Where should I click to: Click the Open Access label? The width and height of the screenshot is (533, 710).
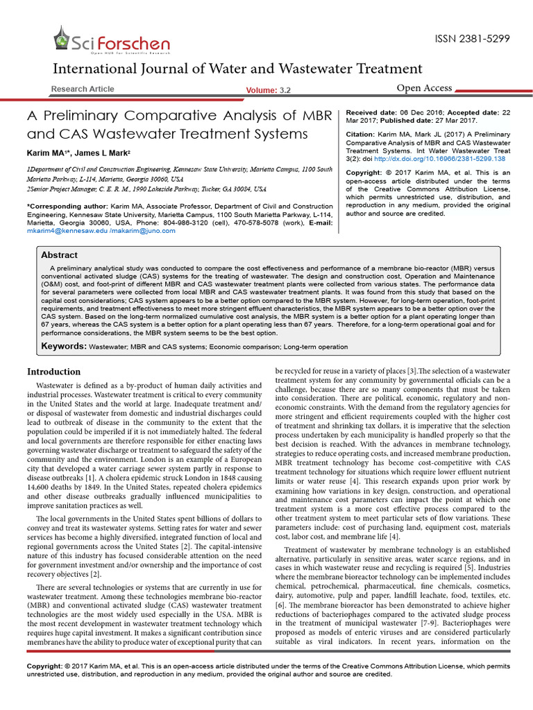click(424, 88)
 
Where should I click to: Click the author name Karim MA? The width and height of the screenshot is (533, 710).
click(47, 152)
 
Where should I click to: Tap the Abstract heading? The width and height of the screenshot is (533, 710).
click(59, 255)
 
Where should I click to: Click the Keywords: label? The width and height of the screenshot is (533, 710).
click(64, 345)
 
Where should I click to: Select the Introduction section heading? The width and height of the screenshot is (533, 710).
click(53, 372)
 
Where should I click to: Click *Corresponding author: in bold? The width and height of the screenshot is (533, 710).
click(67, 207)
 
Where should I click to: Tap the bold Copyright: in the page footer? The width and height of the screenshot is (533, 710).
click(48, 666)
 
